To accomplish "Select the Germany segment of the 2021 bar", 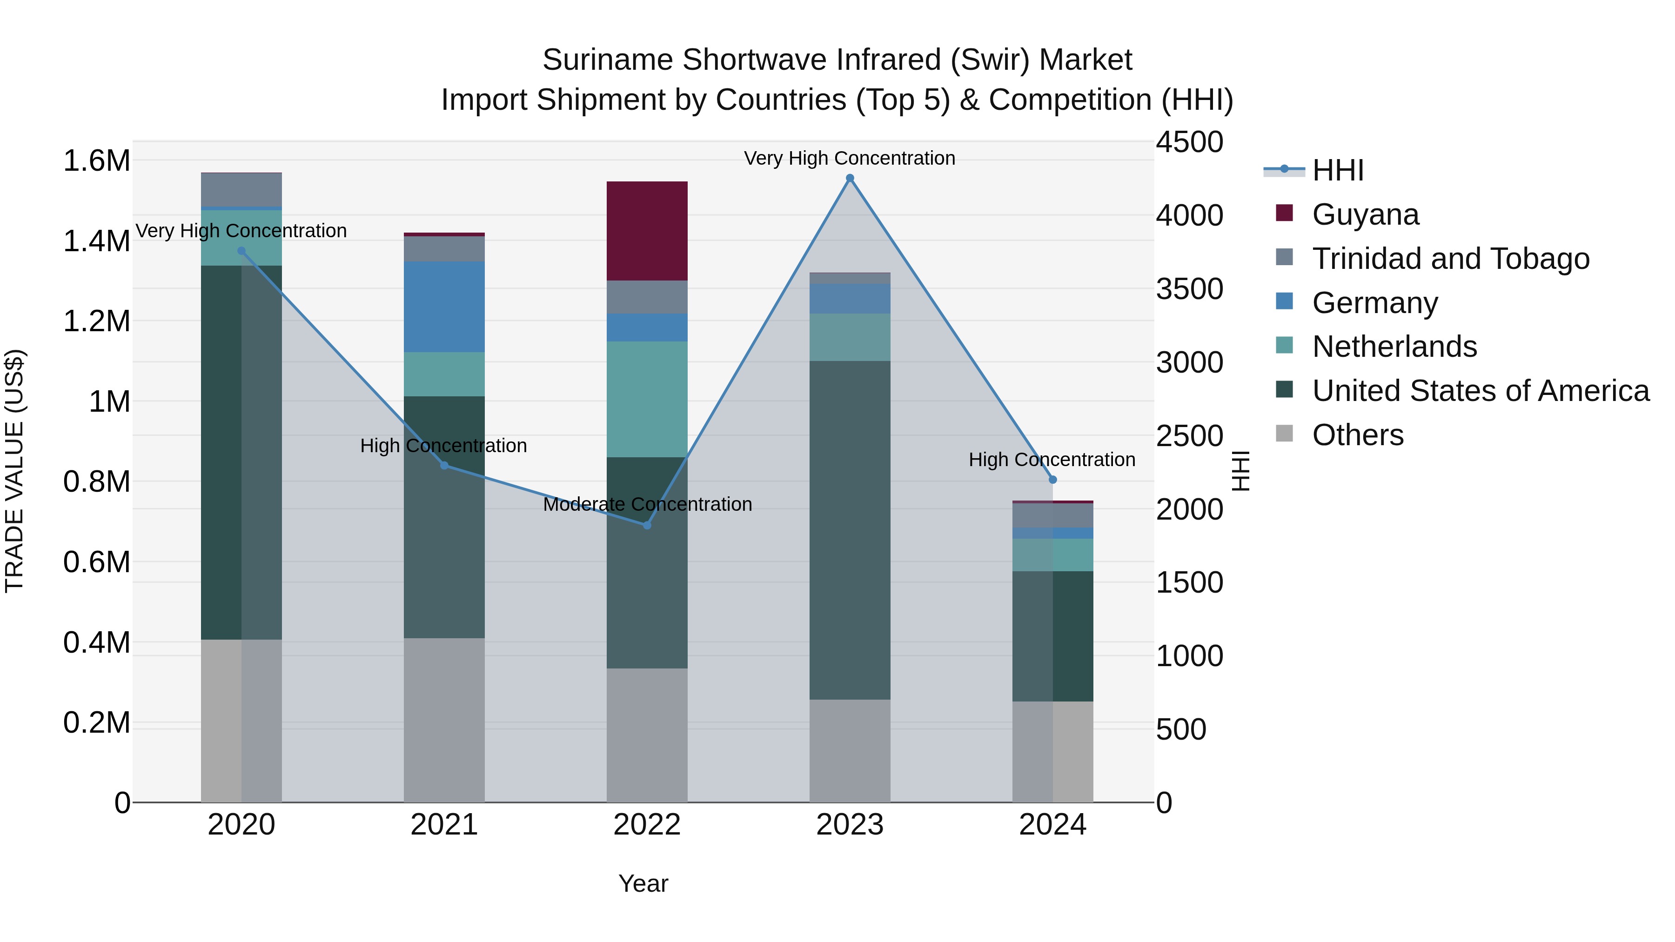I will pos(444,307).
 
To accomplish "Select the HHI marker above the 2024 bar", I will pos(1053,480).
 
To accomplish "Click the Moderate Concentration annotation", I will pos(647,504).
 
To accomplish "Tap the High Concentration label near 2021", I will pos(443,446).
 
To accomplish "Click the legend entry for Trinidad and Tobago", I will pos(1450,259).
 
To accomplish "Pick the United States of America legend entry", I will pos(1480,391).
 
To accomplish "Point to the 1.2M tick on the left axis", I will pos(96,321).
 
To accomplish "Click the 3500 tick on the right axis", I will pos(1189,289).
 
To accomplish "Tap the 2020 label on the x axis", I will pos(241,825).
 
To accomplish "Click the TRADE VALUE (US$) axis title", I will pos(15,471).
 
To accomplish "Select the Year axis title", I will pos(643,883).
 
